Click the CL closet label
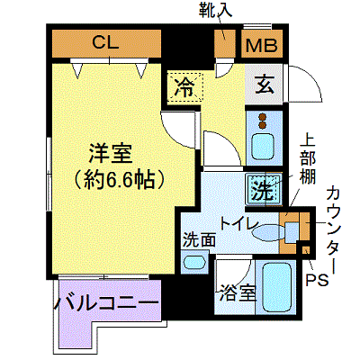(105, 42)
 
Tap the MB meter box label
(261, 45)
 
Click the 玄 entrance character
(265, 85)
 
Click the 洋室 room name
(111, 154)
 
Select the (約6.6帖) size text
(120, 180)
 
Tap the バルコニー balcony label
(106, 304)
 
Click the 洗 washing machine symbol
(264, 190)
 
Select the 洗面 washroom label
(199, 240)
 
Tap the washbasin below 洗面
(194, 262)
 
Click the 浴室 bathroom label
(238, 293)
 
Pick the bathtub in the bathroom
(277, 287)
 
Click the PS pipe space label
(317, 280)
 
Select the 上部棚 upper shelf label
(308, 160)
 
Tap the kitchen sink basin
(263, 148)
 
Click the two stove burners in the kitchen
(263, 121)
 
